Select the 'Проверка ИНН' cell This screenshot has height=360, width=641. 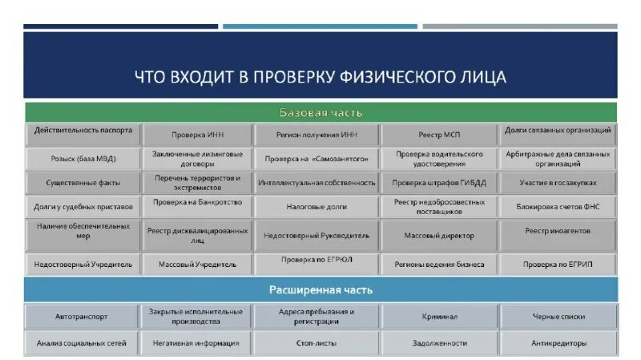[x=197, y=136]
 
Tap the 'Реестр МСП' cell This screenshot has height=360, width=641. [x=440, y=136]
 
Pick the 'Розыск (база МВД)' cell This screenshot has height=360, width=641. [x=83, y=159]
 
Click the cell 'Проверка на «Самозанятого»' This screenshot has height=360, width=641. [x=316, y=159]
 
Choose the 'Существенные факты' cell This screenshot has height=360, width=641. [x=83, y=183]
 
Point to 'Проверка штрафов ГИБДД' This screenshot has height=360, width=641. [x=440, y=183]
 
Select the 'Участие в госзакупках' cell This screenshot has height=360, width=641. [x=558, y=183]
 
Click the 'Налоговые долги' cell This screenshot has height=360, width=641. [x=316, y=207]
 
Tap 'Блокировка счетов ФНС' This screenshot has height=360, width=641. [x=558, y=207]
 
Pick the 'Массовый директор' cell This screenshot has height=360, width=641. [x=440, y=236]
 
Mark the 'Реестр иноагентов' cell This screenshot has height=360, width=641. [x=558, y=231]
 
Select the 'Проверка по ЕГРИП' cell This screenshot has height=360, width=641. [x=558, y=263]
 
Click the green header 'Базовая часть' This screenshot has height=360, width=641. [x=320, y=113]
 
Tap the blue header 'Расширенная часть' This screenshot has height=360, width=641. [x=320, y=289]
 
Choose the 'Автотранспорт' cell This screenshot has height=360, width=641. [x=83, y=317]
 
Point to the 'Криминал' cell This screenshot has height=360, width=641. [x=440, y=317]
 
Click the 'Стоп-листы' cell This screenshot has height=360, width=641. [x=316, y=343]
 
